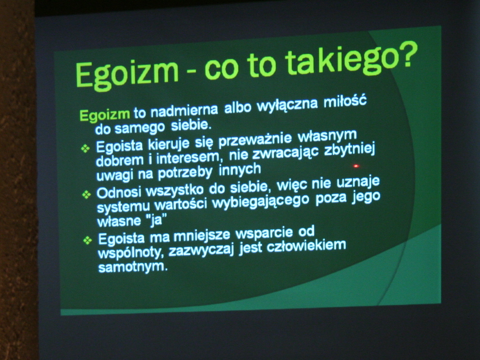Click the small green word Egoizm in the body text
[x=105, y=115]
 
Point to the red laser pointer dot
[x=356, y=166]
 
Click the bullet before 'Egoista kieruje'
[x=85, y=149]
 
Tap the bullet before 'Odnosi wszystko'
[x=87, y=194]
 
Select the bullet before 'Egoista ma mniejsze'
[x=88, y=240]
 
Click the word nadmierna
[x=184, y=110]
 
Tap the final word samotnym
[x=133, y=267]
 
